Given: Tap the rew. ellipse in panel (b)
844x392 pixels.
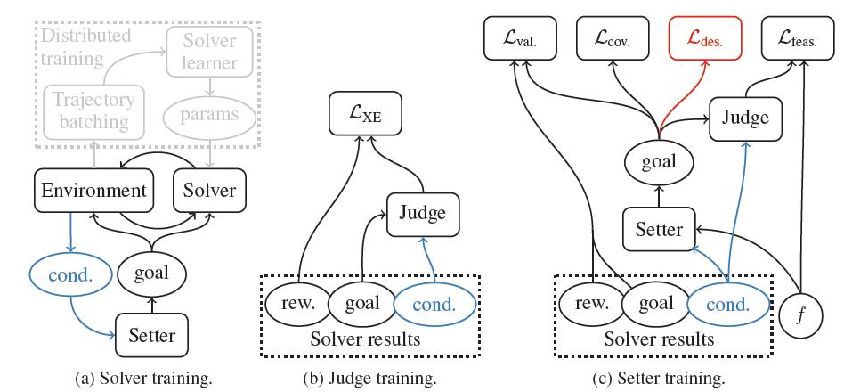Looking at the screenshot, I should pos(296,304).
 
